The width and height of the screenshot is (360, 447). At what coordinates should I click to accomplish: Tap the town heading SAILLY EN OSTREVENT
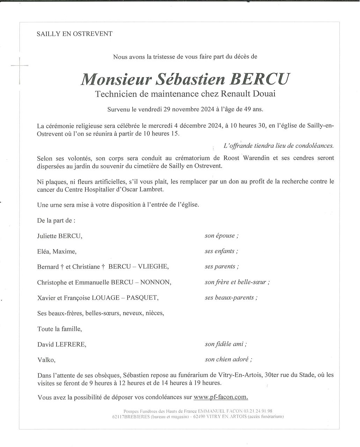(x=75, y=34)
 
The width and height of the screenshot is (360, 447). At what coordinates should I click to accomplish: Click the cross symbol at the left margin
(x=19, y=65)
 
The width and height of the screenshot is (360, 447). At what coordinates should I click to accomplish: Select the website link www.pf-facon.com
(x=221, y=397)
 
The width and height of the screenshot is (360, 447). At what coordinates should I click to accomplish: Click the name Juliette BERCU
(x=59, y=236)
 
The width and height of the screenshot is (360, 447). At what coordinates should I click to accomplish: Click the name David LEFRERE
(x=61, y=344)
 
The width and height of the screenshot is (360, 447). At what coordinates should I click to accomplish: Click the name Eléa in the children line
(x=44, y=251)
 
